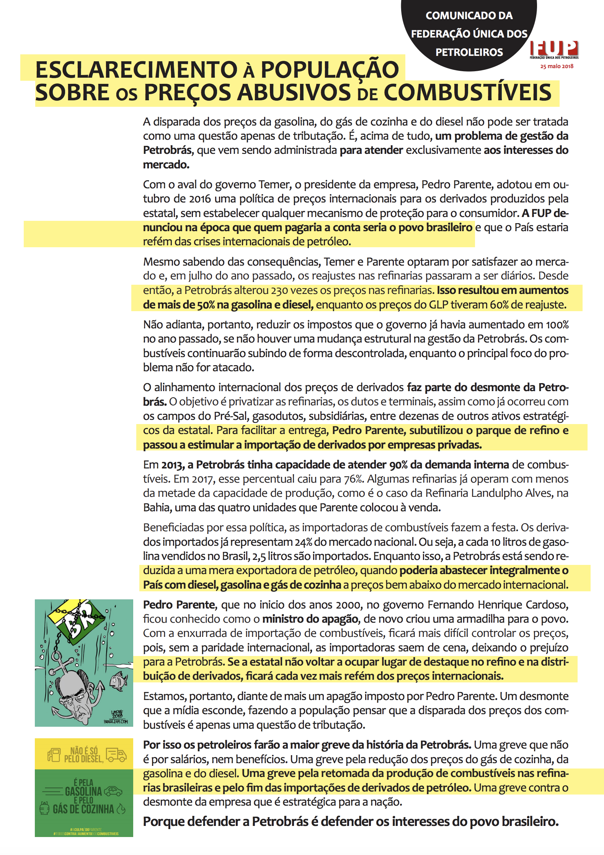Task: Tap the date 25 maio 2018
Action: [557, 66]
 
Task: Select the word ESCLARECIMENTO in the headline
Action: [136, 70]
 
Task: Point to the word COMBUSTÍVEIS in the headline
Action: [467, 93]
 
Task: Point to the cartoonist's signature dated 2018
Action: [116, 714]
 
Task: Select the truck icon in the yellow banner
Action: [116, 754]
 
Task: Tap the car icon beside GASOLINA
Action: [113, 791]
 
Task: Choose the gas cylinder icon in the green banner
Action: [44, 809]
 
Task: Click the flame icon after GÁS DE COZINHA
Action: [121, 809]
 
